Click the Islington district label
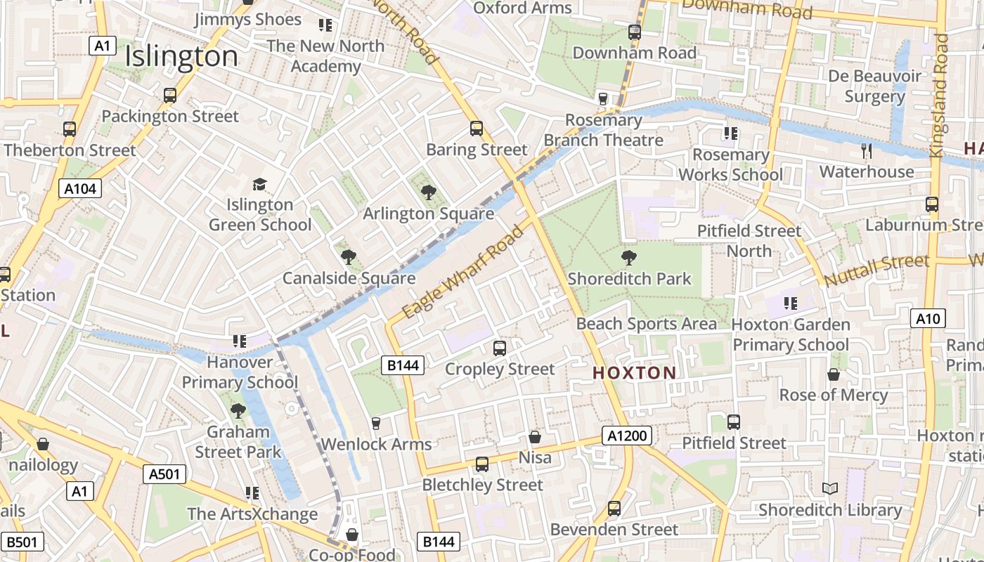[181, 56]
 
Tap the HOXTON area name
[634, 373]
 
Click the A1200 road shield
[627, 436]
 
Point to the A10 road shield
[928, 318]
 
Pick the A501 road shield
[165, 474]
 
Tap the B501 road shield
[22, 542]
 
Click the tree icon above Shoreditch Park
[629, 258]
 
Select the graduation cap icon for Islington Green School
[259, 184]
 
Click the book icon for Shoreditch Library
[830, 488]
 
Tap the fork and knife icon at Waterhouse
[867, 150]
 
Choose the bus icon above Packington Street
[170, 95]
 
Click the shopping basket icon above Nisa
[535, 437]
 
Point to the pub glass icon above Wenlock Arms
[376, 423]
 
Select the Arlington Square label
[428, 214]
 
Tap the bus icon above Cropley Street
[500, 348]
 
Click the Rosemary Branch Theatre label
[603, 130]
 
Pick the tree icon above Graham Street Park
[238, 410]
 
